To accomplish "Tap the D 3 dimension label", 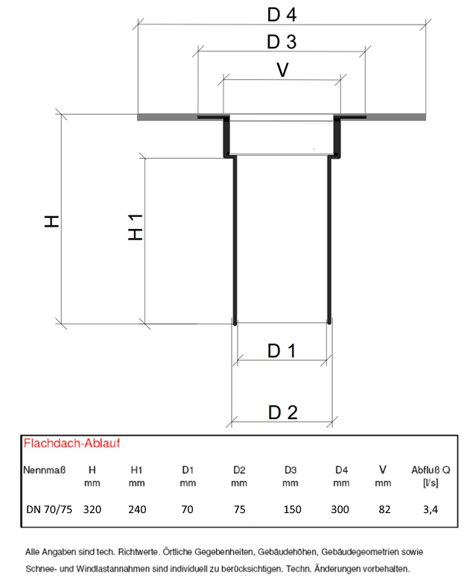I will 282,42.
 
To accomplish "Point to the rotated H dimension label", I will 51,221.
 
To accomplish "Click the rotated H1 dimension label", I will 135,226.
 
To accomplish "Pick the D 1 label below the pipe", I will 282,351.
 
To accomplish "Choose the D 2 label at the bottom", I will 282,411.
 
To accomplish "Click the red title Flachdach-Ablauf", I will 73,443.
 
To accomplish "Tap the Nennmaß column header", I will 45,470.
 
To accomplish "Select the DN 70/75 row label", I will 48,509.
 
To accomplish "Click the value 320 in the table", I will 92,509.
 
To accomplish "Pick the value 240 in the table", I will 137,509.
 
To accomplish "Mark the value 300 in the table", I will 341,509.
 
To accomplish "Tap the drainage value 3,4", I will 429,509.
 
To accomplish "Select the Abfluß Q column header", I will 430,470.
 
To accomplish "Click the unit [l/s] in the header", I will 429,483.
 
